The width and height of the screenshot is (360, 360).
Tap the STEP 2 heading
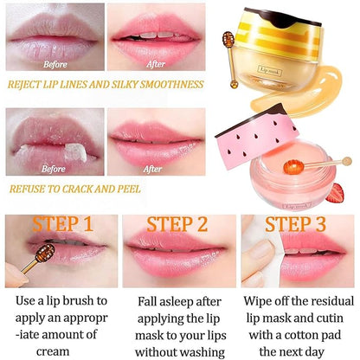click(x=177, y=227)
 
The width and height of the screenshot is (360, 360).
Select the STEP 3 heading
click(x=294, y=227)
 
